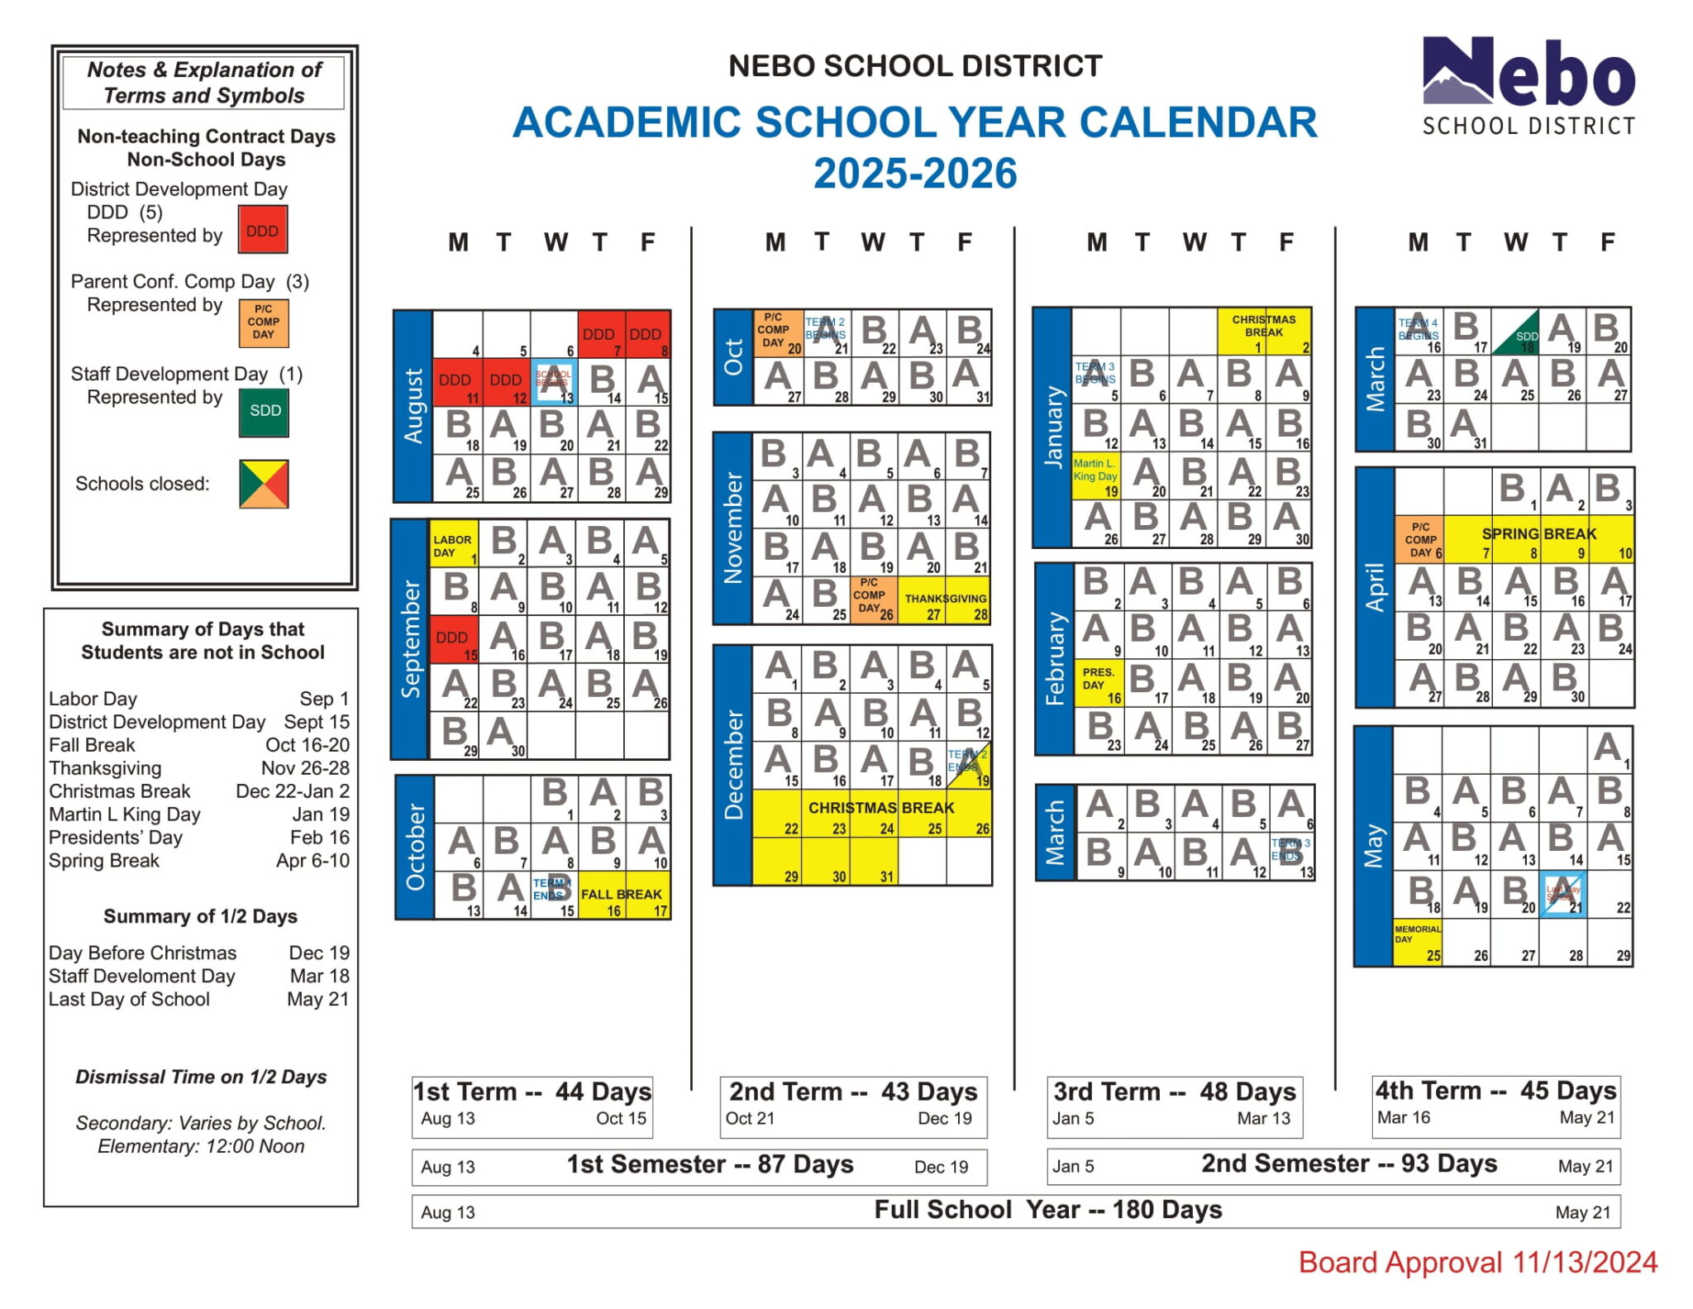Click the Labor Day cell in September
tap(453, 545)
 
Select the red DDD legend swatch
tap(263, 230)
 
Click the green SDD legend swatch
tap(265, 411)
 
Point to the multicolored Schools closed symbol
tap(264, 484)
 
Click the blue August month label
tap(412, 406)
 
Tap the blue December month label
tap(732, 765)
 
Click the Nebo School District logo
tap(1528, 87)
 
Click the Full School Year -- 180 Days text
tap(1047, 1210)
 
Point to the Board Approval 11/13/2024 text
tap(1477, 1263)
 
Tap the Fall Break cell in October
tap(622, 896)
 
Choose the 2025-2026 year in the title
tap(914, 174)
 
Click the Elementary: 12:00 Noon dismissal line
tap(201, 1146)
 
